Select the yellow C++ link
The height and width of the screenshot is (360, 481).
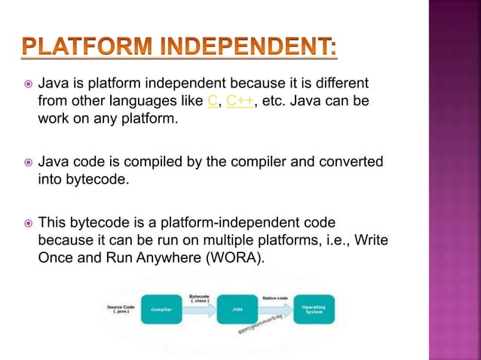pos(239,100)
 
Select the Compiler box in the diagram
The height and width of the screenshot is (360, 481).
pos(160,308)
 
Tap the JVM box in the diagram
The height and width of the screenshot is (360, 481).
pos(235,308)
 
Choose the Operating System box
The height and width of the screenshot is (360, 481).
pos(314,308)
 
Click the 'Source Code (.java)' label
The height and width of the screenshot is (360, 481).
pos(118,308)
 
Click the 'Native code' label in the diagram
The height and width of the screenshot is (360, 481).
pos(273,299)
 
